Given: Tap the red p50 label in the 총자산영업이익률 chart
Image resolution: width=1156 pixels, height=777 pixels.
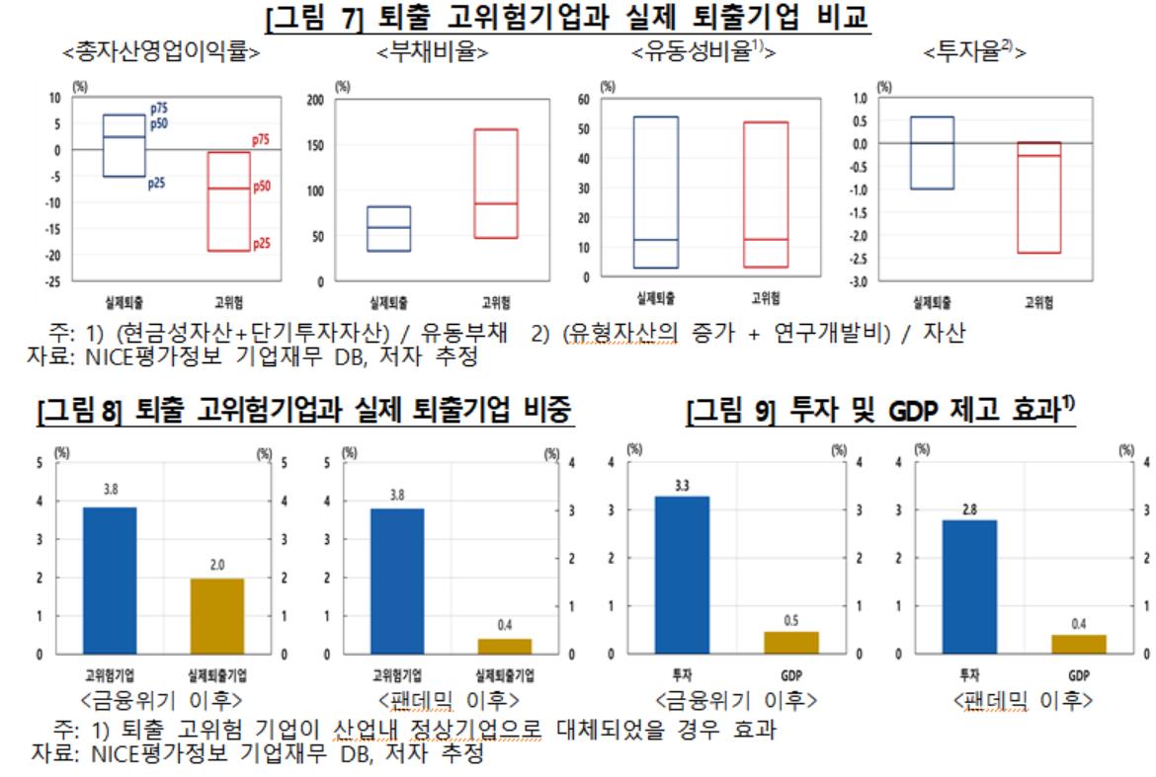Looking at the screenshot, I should click(x=262, y=187).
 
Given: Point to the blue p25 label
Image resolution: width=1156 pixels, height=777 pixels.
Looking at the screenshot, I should click(x=157, y=183).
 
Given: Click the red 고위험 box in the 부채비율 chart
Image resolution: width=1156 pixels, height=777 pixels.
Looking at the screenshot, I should click(x=482, y=184).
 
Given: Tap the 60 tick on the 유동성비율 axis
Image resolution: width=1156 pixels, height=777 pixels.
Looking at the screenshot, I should click(x=582, y=100).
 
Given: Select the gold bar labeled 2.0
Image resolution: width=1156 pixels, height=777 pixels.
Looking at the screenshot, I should click(x=217, y=615).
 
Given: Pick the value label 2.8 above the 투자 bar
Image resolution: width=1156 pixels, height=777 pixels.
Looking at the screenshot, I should click(x=968, y=508).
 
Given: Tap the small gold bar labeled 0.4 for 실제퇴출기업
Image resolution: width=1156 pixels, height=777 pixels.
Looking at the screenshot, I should click(x=505, y=646).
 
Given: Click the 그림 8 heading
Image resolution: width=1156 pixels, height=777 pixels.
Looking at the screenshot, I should click(x=302, y=413).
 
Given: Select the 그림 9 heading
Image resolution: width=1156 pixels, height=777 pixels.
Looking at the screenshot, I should click(x=879, y=413).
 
